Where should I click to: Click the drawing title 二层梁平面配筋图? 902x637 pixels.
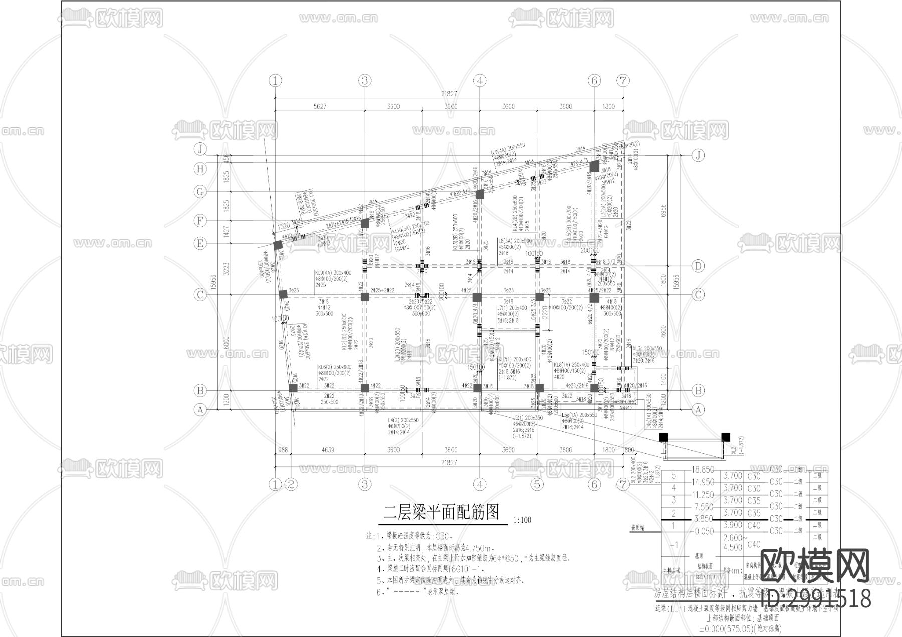click(441, 512)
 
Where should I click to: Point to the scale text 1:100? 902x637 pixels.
click(522, 520)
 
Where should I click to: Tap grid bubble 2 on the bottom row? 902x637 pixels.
click(291, 484)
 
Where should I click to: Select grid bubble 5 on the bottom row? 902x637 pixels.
click(537, 484)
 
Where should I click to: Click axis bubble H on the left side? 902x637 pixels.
click(200, 169)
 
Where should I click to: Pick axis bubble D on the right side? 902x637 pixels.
click(698, 266)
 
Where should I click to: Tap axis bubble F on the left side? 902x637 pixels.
click(200, 220)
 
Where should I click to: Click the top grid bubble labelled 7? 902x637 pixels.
click(623, 80)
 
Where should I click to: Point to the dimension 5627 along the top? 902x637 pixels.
click(320, 106)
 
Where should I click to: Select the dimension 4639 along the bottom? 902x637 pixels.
click(328, 450)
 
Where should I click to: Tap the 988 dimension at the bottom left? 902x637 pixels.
click(283, 450)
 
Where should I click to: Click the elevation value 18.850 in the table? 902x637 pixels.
click(703, 470)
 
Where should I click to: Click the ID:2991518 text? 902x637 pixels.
click(815, 599)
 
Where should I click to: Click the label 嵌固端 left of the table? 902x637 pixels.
click(638, 527)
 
